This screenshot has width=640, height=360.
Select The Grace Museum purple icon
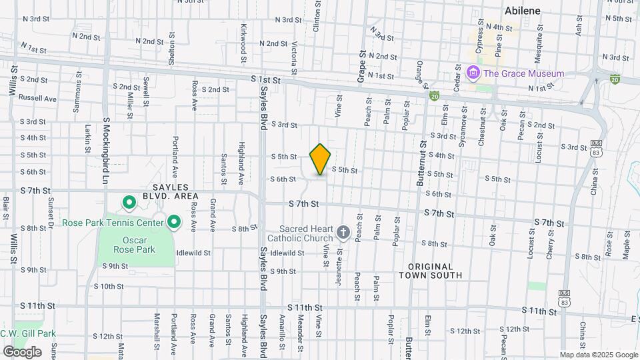click(x=473, y=73)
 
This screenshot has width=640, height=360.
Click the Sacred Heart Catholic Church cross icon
click(x=343, y=231)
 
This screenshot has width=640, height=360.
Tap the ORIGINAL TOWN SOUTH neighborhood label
click(x=430, y=271)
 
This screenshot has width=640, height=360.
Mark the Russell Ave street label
click(x=37, y=98)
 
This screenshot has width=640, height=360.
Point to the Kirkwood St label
click(x=244, y=39)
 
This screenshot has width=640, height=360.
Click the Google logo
click(x=22, y=351)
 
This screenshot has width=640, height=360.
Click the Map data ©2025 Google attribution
click(x=599, y=355)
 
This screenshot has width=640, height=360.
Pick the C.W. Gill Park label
click(x=28, y=334)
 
